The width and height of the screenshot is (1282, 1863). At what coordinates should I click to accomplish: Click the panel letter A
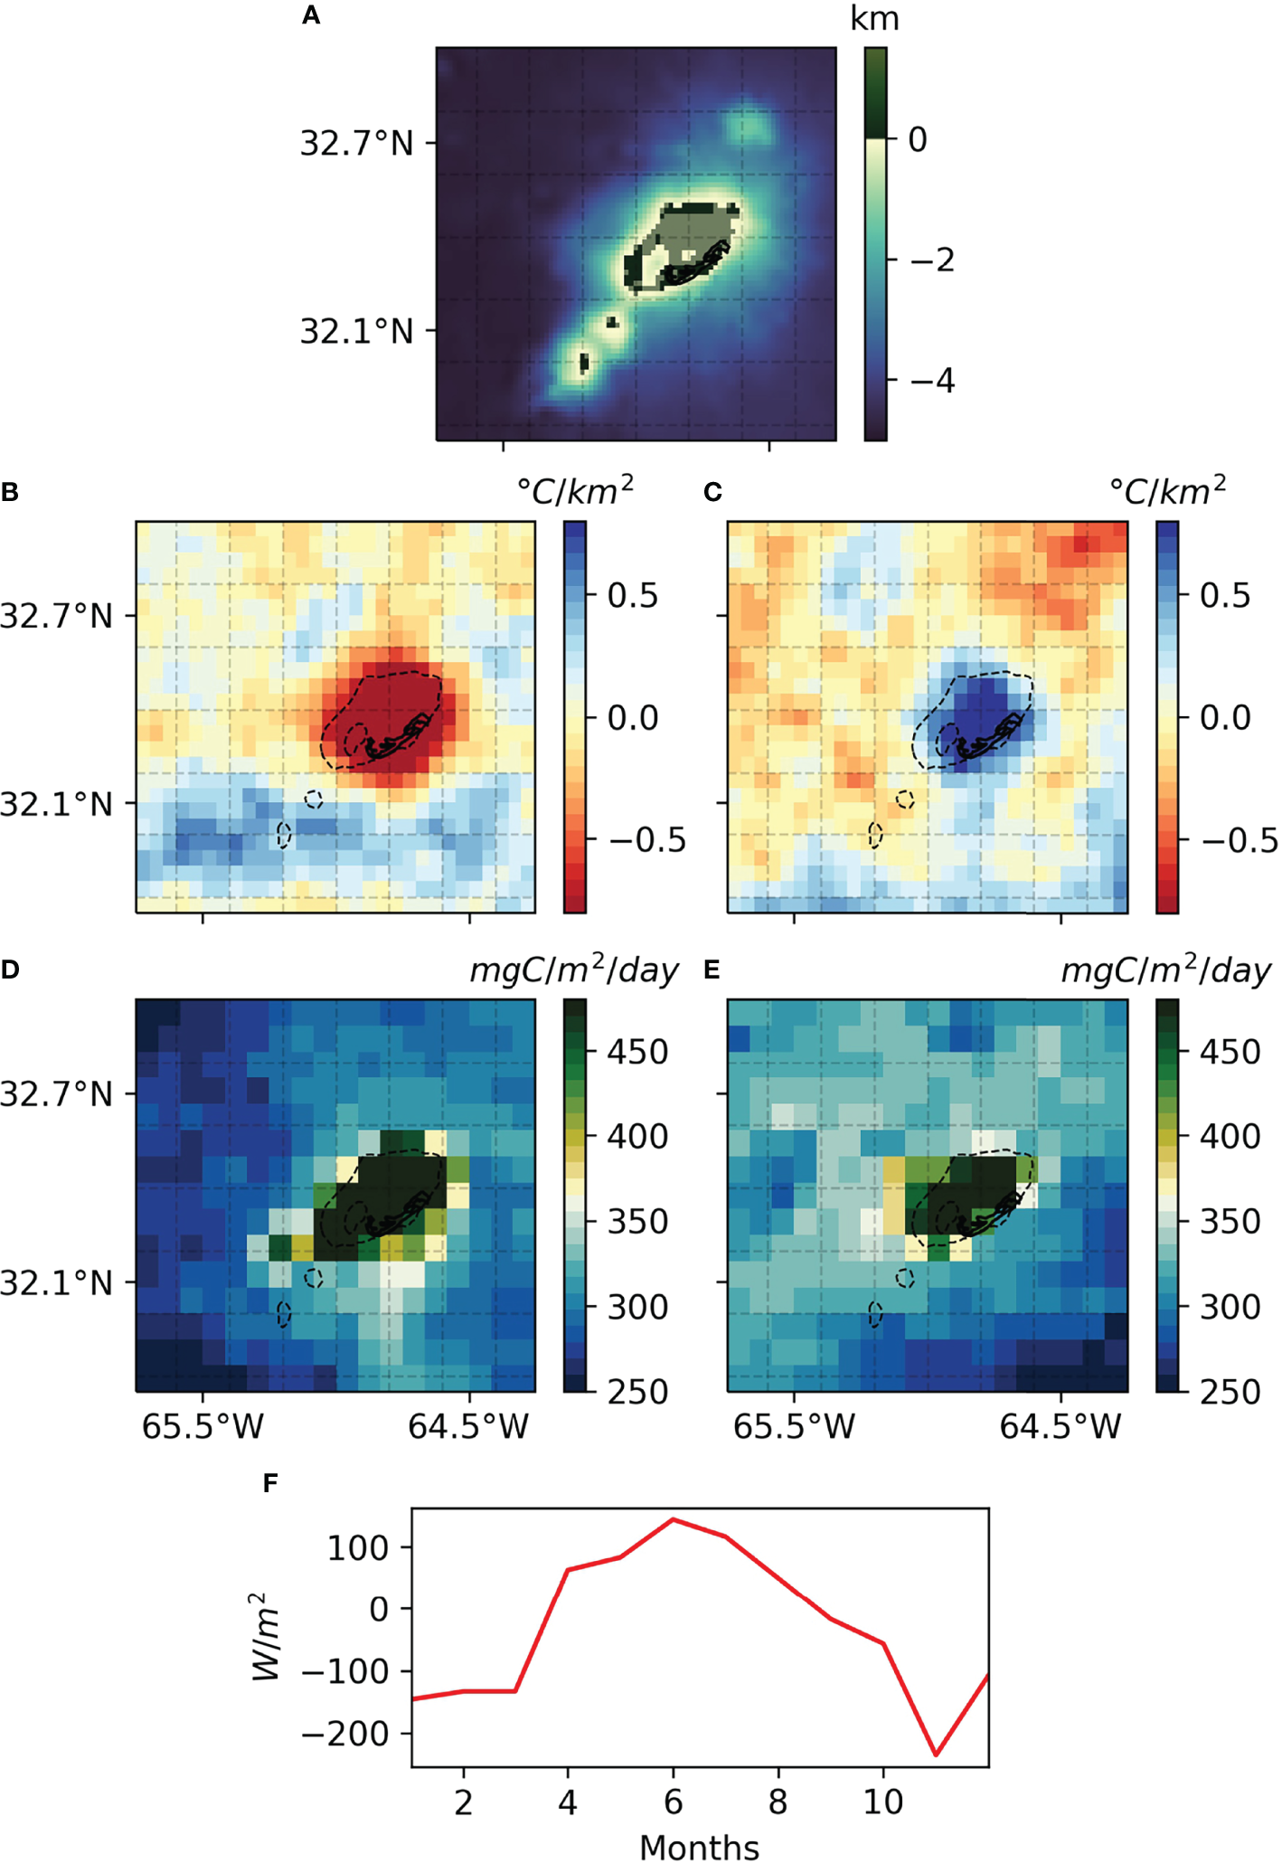(x=311, y=15)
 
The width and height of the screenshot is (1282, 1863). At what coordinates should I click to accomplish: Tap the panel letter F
(x=270, y=1483)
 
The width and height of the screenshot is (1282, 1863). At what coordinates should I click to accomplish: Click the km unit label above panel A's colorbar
(x=874, y=18)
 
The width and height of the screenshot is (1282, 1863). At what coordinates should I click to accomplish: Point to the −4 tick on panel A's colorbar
(x=932, y=381)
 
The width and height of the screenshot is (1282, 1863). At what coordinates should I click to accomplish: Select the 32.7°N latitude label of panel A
(x=356, y=143)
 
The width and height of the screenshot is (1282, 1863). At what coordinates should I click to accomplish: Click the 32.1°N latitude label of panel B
(x=56, y=803)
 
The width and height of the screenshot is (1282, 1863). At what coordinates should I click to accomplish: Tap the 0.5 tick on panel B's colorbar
(x=632, y=595)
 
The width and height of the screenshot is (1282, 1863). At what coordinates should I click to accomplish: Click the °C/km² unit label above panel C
(x=1166, y=491)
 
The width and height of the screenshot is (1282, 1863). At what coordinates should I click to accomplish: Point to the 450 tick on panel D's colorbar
(x=636, y=1052)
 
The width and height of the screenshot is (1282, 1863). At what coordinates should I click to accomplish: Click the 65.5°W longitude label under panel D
(x=203, y=1426)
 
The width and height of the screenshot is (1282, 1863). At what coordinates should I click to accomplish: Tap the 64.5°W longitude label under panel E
(x=1060, y=1426)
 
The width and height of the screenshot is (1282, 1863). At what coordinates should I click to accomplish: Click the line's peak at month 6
(x=673, y=1519)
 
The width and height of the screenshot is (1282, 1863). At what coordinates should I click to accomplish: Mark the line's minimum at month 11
(x=936, y=1754)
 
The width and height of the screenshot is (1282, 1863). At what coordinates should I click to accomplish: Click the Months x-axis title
(x=699, y=1847)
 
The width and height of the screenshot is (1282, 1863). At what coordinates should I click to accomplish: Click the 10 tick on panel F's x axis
(x=882, y=1802)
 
